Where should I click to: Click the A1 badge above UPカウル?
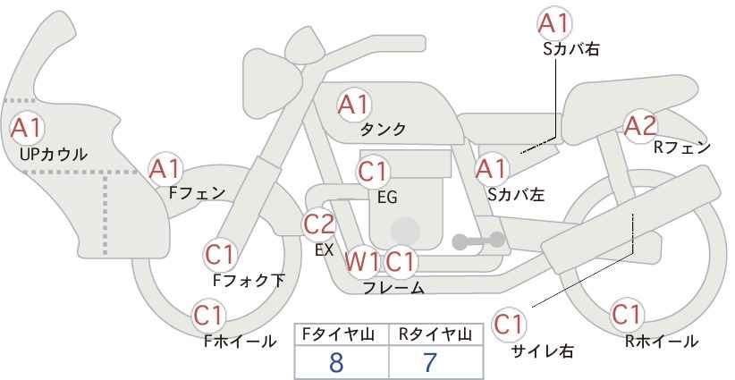(x=25, y=128)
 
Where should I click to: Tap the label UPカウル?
(x=54, y=154)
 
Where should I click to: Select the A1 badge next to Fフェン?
(x=165, y=167)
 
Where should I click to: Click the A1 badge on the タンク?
(x=353, y=105)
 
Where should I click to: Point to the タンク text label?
(x=383, y=130)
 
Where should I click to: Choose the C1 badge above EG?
(x=373, y=171)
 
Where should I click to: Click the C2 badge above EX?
(x=319, y=224)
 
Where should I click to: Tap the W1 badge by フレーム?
(x=363, y=262)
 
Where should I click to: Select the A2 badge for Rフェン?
(x=640, y=126)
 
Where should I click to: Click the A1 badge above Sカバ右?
(x=554, y=22)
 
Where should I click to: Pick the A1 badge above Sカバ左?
(x=491, y=167)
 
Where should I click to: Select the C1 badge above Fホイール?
(x=210, y=316)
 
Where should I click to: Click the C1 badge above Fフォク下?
(x=220, y=255)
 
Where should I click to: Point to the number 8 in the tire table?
(x=336, y=363)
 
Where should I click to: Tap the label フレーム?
(x=393, y=288)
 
